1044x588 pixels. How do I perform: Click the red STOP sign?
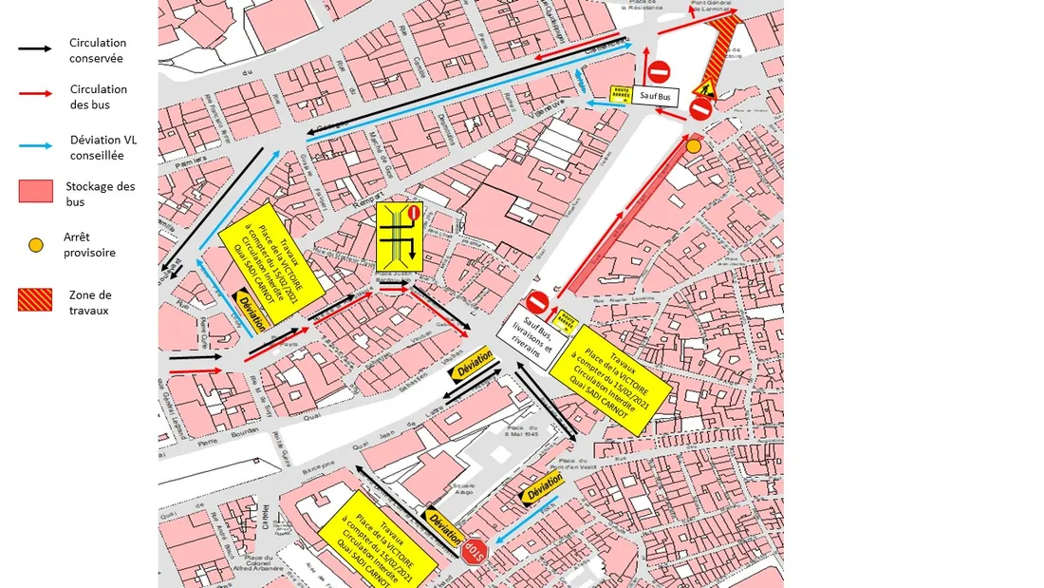point(474,550)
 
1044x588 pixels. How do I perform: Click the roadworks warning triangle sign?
point(703,89)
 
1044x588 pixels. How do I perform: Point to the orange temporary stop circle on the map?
point(694,145)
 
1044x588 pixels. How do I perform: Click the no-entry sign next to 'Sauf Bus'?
point(660,71)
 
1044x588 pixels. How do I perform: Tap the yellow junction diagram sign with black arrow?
point(399,237)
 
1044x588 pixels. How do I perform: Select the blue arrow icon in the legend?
point(45,145)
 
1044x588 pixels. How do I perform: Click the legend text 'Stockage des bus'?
point(101,194)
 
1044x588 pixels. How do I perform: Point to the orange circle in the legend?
point(36,245)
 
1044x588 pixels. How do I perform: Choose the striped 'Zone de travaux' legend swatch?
point(36,299)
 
